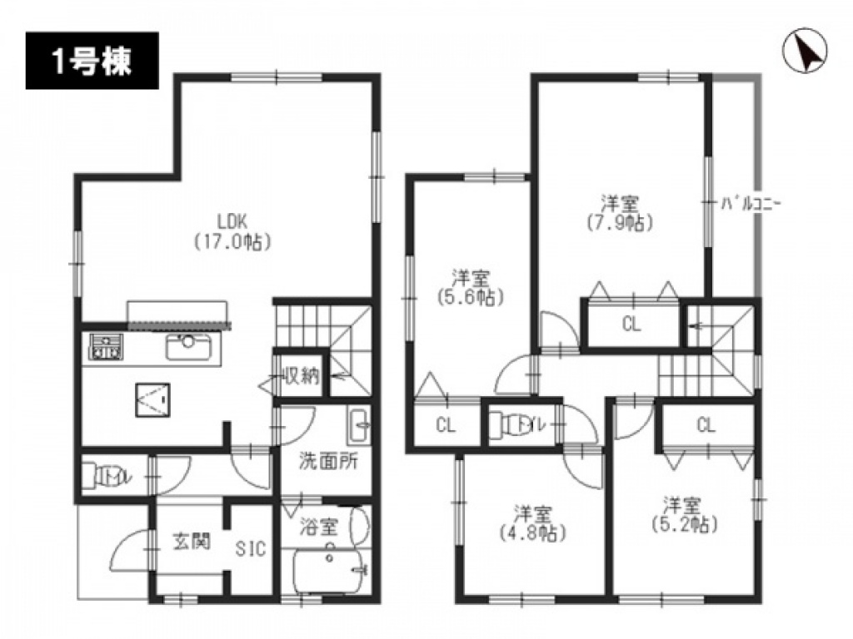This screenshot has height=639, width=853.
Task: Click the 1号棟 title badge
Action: (92, 61)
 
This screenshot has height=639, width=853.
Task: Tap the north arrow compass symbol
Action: (805, 51)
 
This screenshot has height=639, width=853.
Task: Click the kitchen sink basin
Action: (188, 347)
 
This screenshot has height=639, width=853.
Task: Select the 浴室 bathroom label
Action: (319, 527)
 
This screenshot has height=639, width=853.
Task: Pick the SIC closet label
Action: (250, 549)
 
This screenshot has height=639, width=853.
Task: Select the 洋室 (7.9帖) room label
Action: (620, 213)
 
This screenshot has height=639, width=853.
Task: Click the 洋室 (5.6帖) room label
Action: (470, 287)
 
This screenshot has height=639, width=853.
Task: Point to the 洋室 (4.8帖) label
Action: (533, 523)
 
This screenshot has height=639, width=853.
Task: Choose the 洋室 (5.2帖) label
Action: (684, 514)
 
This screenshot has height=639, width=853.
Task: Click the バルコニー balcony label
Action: (751, 205)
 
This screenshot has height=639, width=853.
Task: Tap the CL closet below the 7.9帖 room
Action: (631, 324)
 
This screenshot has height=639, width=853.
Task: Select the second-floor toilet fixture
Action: (508, 426)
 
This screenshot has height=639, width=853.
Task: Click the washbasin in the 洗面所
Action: (358, 425)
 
